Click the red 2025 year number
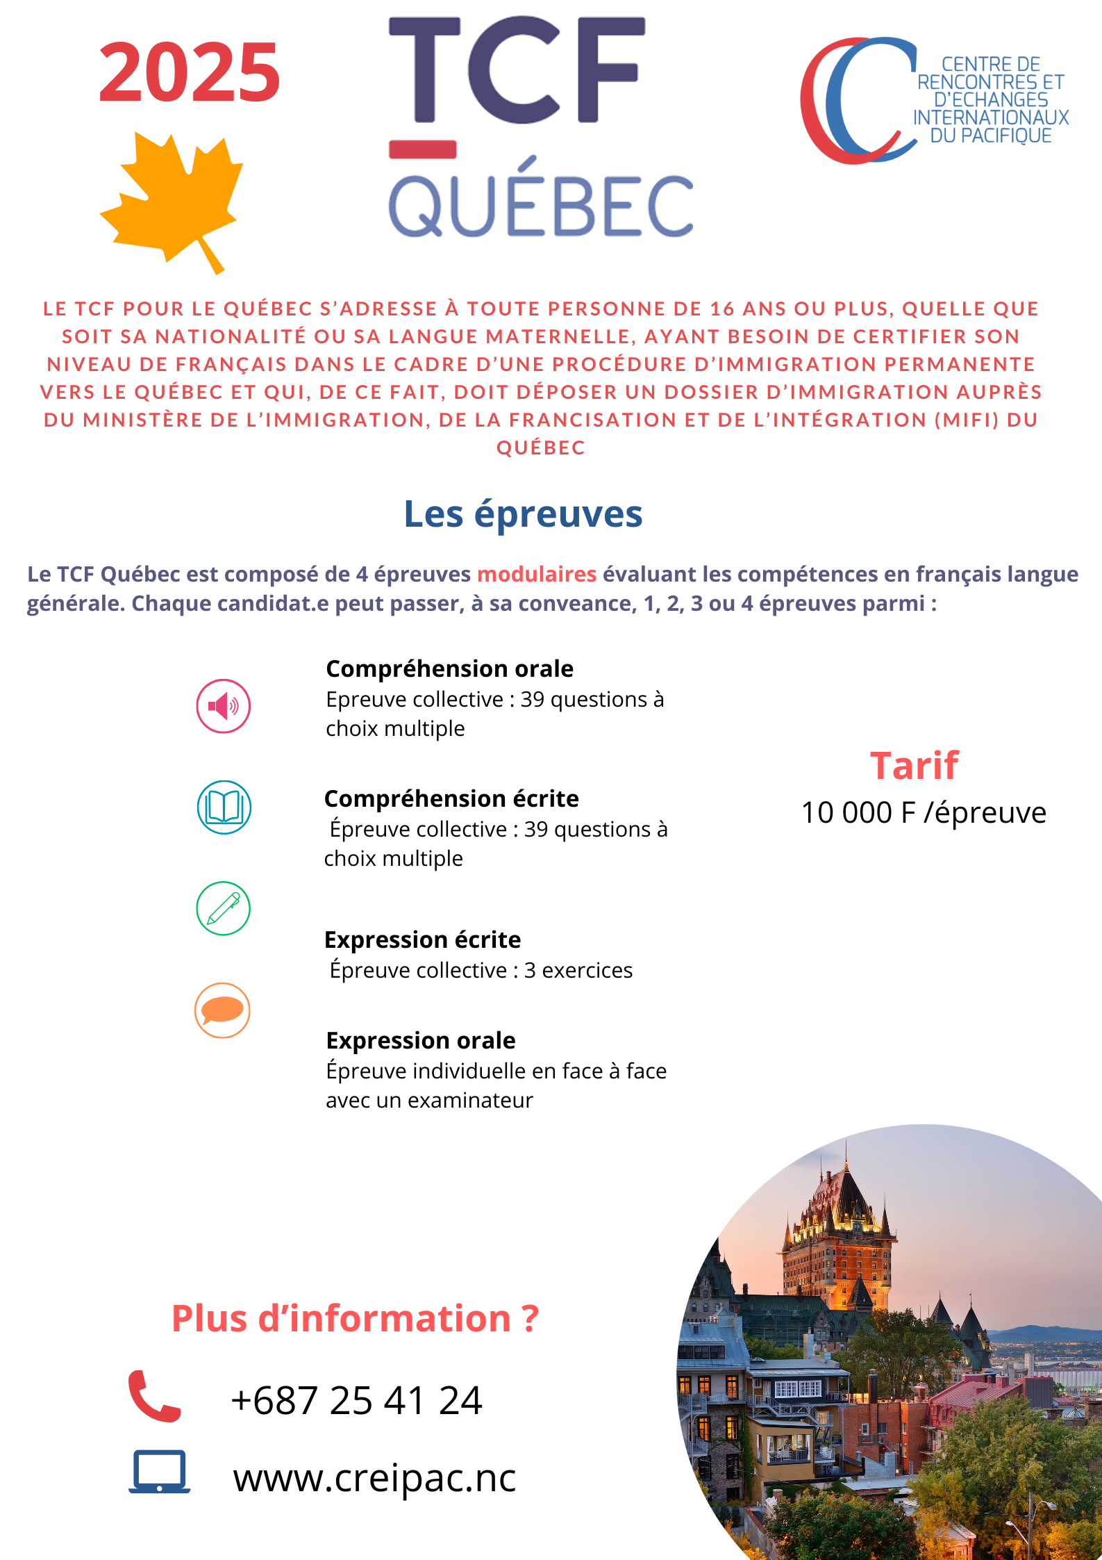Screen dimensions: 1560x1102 click(x=189, y=72)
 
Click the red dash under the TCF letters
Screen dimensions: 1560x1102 click(x=422, y=149)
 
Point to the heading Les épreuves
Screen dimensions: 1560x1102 click(x=523, y=515)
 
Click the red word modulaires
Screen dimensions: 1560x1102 click(x=536, y=574)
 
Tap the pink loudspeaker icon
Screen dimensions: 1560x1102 click(x=223, y=706)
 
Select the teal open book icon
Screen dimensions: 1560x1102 click(x=224, y=807)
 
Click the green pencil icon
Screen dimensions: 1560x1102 click(x=223, y=908)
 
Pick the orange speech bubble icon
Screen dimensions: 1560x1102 click(x=222, y=1010)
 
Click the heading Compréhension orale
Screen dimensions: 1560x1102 click(x=449, y=668)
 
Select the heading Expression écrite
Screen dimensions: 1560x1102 click(x=422, y=939)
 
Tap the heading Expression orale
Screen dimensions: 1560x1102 click(x=421, y=1040)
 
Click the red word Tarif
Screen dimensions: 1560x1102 click(x=914, y=766)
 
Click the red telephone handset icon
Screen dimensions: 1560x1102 click(x=153, y=1396)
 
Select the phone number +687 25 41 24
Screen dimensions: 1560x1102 click(x=356, y=1400)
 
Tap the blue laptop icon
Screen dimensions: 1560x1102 click(x=159, y=1472)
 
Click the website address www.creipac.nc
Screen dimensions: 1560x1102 click(x=374, y=1477)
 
